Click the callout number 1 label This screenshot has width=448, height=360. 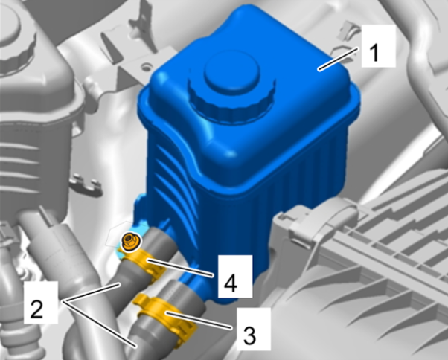click(x=374, y=53)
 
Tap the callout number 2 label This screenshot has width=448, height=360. click(x=36, y=309)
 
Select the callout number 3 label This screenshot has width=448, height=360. click(x=249, y=335)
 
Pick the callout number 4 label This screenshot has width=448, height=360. click(x=230, y=283)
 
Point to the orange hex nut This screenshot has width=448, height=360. click(x=129, y=240)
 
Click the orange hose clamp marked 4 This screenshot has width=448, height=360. click(x=143, y=262)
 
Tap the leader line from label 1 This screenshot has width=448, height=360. click(x=338, y=59)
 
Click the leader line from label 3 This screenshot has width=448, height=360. click(x=199, y=321)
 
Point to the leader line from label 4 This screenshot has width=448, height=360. click(x=179, y=268)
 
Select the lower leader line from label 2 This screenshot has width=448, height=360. click(x=99, y=324)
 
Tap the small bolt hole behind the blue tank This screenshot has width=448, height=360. click(x=146, y=68)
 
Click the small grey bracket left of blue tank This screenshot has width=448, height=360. click(x=86, y=185)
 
